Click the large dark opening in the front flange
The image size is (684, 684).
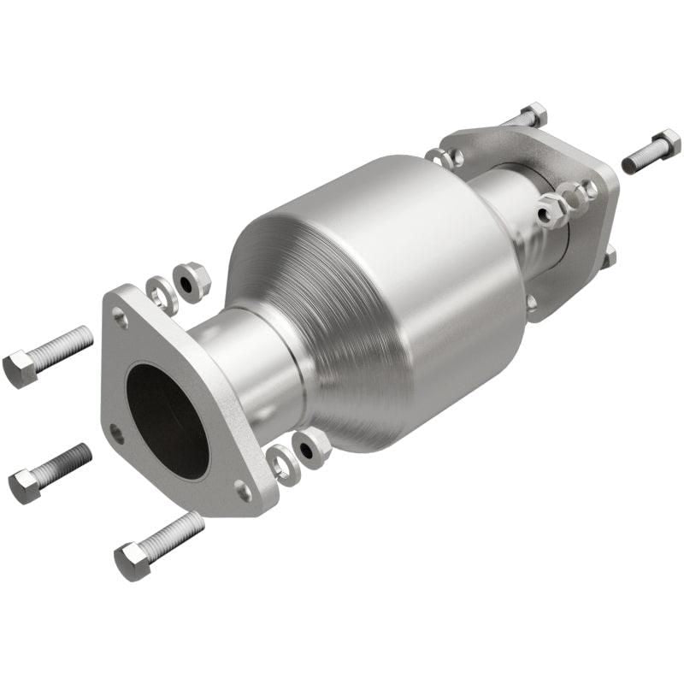tap(168, 419)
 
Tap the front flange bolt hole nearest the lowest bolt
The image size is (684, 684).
tap(243, 490)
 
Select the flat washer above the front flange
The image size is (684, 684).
tap(160, 293)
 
